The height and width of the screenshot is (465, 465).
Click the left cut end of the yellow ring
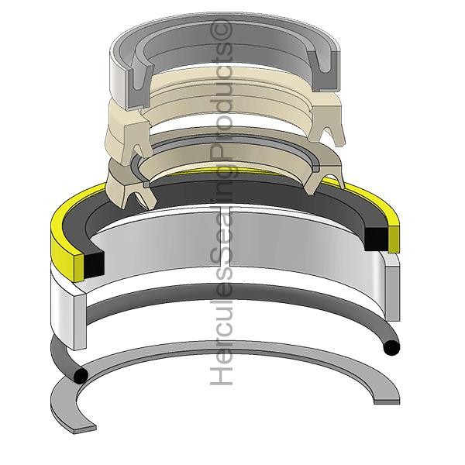[x=79, y=268]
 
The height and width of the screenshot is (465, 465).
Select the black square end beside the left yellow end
[x=94, y=265]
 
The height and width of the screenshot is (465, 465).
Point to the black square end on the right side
[x=377, y=239]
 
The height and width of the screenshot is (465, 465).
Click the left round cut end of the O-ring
[x=81, y=376]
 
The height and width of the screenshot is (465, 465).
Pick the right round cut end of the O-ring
[x=391, y=347]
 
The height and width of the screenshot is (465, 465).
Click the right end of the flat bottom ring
[x=387, y=401]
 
